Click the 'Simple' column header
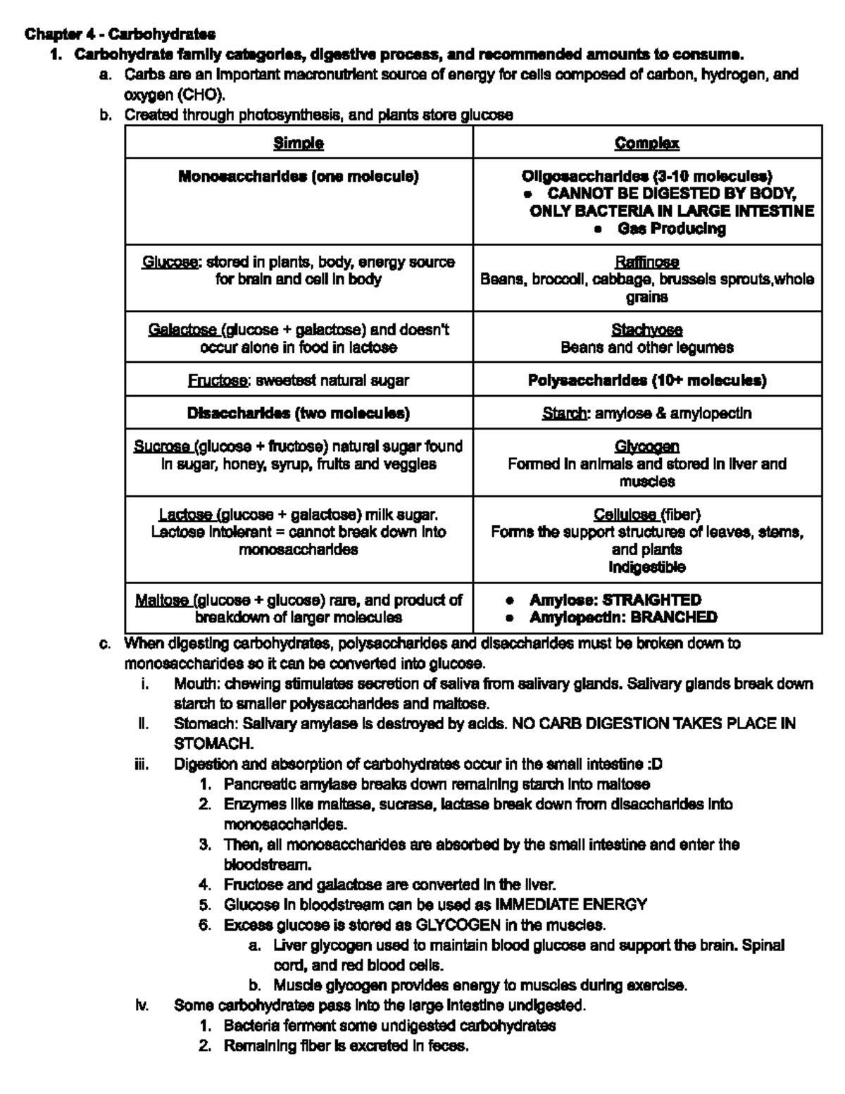pos(299,143)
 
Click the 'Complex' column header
pos(646,143)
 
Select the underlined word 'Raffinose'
pos(646,262)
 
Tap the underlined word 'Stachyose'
pos(646,330)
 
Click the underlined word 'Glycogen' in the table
pos(646,447)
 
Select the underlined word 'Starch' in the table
pos(564,414)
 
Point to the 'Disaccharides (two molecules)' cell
pos(299,414)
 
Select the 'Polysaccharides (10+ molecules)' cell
pos(646,380)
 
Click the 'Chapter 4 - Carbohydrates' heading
pos(120,34)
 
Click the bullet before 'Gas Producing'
pos(598,229)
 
